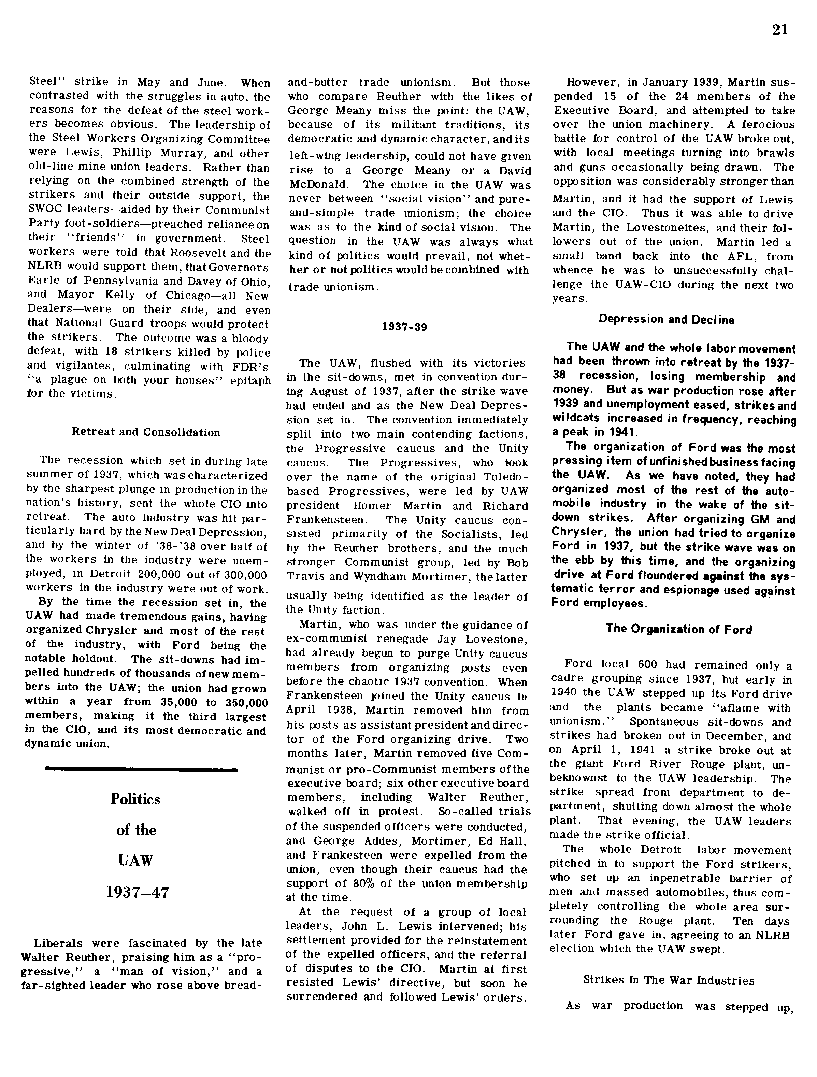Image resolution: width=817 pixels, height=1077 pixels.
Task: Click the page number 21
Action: (779, 30)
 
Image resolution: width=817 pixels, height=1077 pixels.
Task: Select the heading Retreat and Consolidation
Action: (146, 432)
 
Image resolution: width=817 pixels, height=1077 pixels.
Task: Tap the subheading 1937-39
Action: (405, 327)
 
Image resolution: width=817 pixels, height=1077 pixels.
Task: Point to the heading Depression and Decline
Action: (666, 319)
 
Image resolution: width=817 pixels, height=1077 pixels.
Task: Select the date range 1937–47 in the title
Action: (137, 892)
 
